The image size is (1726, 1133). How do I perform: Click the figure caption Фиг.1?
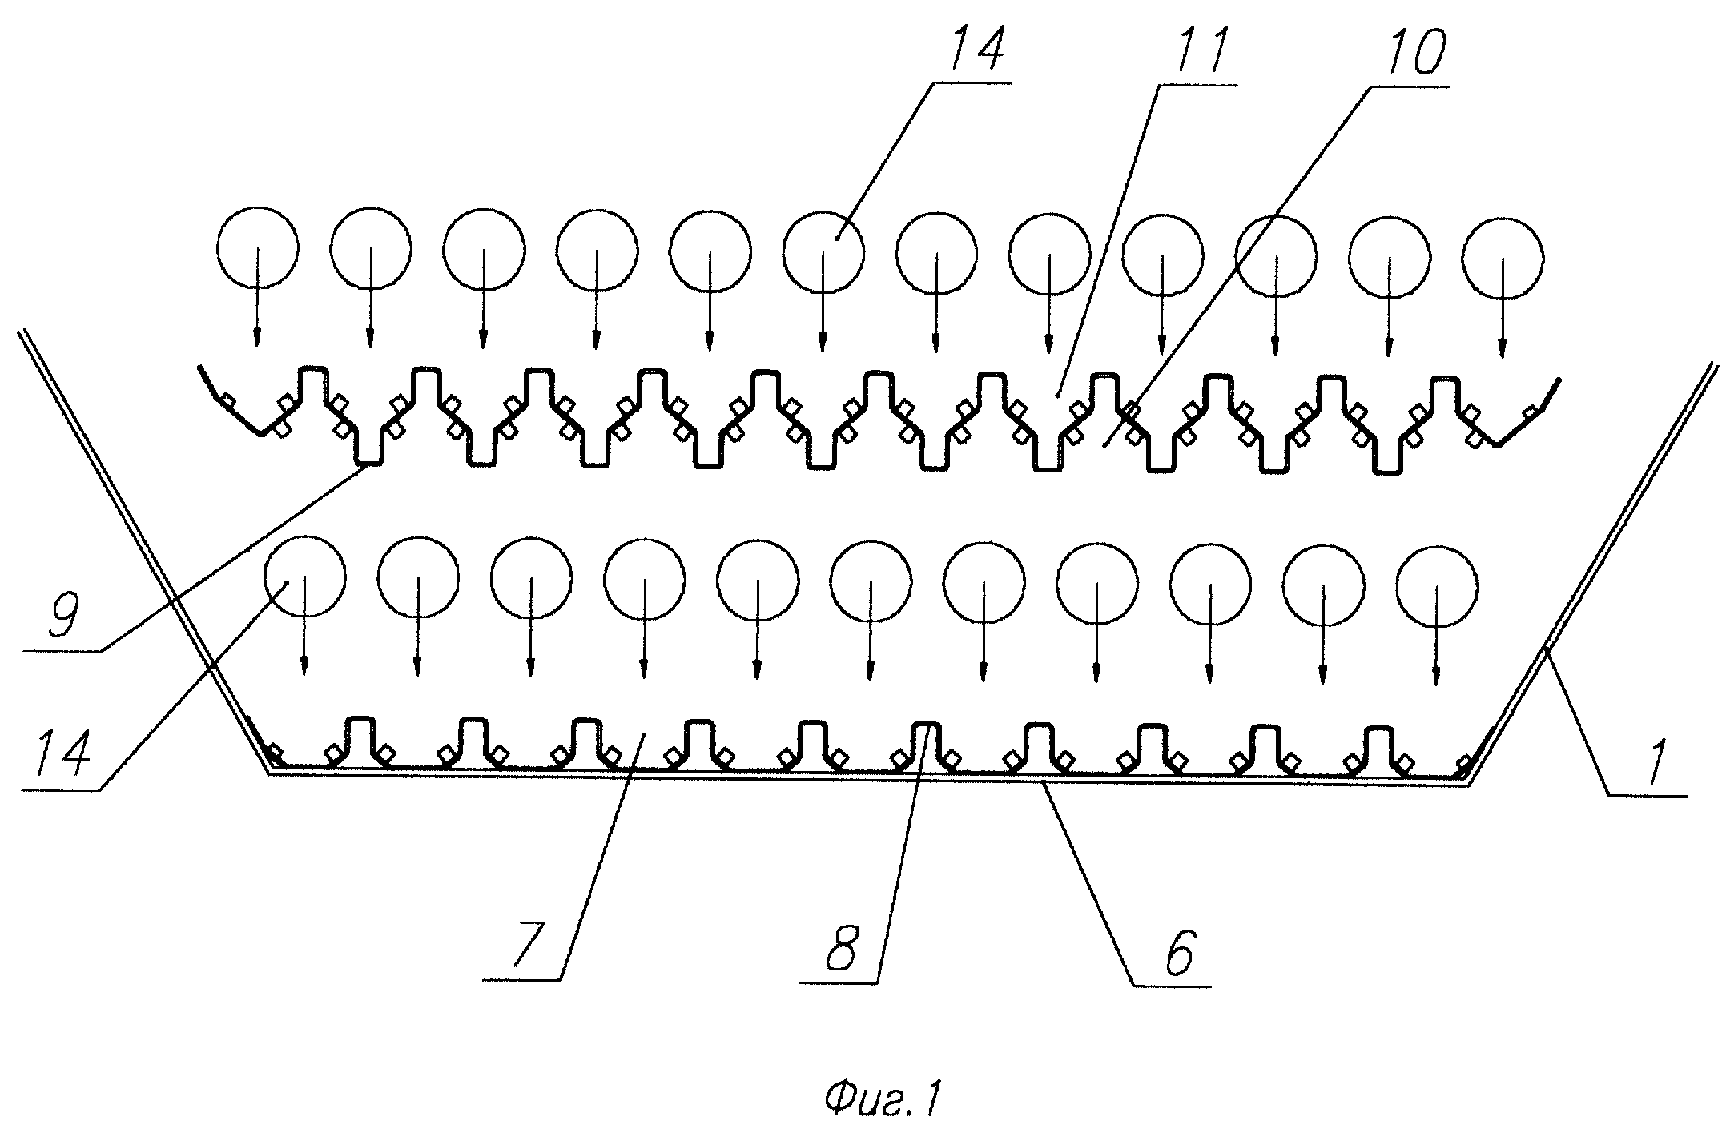coord(881,1079)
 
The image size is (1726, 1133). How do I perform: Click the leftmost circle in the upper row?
coord(258,247)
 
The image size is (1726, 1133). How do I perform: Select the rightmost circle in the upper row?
coord(1503,258)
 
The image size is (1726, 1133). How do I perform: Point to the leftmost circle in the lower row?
coord(304,577)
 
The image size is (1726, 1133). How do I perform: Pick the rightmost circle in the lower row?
coord(1437,589)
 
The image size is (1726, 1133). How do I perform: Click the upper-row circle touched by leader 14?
coord(823,252)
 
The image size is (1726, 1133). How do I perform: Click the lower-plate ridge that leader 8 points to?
coord(926,741)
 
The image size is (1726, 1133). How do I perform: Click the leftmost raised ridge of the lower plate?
coord(360,734)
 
